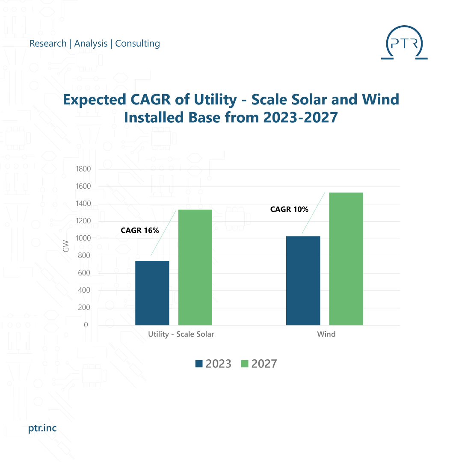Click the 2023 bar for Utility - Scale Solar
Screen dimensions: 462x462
tap(152, 293)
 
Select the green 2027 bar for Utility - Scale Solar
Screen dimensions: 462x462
tap(195, 267)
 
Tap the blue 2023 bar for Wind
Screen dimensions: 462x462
tap(303, 281)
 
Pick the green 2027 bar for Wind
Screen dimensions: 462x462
tap(346, 259)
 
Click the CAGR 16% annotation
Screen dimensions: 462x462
tap(140, 231)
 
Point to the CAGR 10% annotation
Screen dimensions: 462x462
tap(289, 209)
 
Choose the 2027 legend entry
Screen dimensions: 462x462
tap(259, 364)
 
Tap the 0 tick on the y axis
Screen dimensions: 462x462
tap(86, 325)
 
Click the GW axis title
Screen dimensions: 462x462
tap(65, 247)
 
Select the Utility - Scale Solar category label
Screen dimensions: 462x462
tap(181, 335)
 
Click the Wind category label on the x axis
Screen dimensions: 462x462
tap(326, 335)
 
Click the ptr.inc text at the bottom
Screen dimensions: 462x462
tap(42, 428)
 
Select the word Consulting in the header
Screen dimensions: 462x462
tap(137, 44)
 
